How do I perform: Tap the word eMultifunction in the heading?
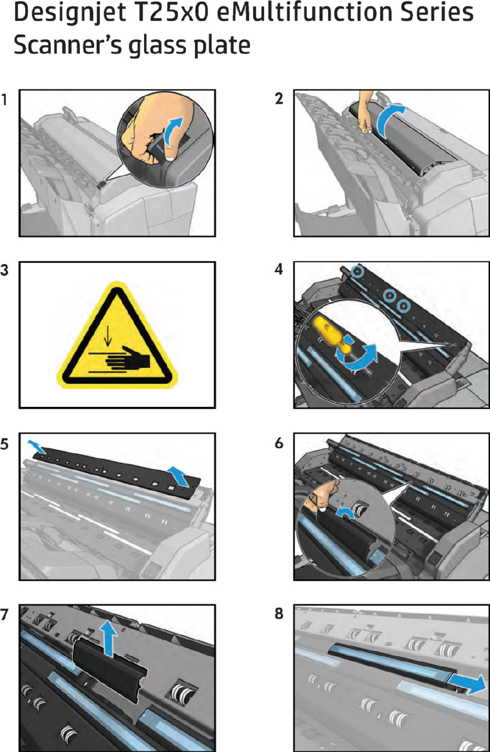[x=304, y=12]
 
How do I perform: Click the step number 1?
[x=4, y=100]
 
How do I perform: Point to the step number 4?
[x=279, y=269]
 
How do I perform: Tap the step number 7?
[x=4, y=614]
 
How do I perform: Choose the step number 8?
[x=279, y=613]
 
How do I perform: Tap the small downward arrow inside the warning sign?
[x=107, y=335]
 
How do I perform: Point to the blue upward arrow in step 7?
[x=108, y=637]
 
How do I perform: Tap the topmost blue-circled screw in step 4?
[x=357, y=270]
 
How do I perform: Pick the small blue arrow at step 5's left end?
[x=35, y=445]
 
